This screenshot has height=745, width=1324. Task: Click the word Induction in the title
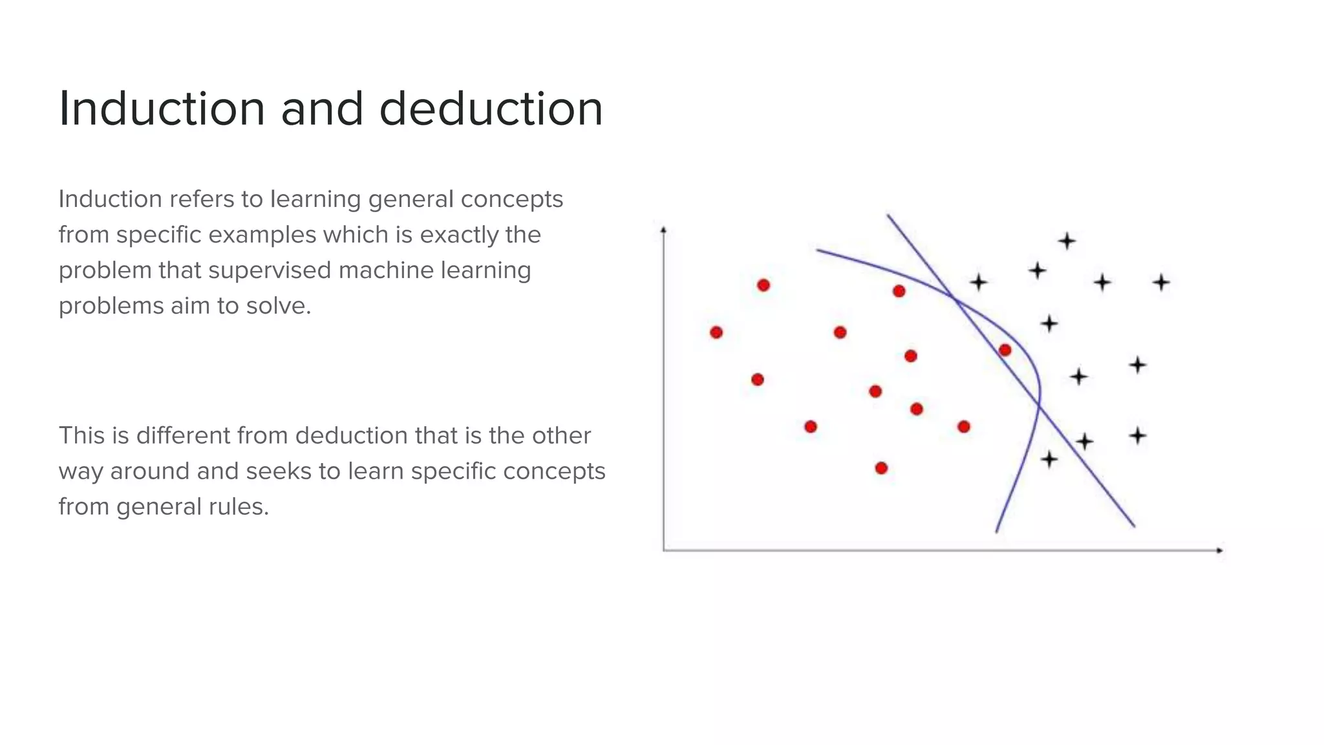click(x=162, y=109)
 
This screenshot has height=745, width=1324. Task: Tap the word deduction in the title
click(x=491, y=109)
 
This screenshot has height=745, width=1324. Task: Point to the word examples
click(x=264, y=235)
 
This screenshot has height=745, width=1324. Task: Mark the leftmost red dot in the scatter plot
click(x=716, y=332)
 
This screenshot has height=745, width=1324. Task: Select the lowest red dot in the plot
click(x=881, y=468)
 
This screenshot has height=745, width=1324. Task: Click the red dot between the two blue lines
click(x=1005, y=351)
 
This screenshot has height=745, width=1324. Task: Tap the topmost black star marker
click(x=1067, y=241)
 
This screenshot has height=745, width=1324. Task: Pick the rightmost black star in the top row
click(x=1161, y=283)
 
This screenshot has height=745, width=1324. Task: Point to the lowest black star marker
click(x=1049, y=460)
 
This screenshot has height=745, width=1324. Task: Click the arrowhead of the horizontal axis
click(x=1220, y=550)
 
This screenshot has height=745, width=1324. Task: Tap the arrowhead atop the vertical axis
click(x=663, y=230)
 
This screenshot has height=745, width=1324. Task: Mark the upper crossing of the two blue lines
click(x=954, y=297)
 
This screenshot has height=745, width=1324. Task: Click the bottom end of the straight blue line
click(x=1134, y=526)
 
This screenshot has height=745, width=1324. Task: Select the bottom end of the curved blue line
click(x=997, y=532)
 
